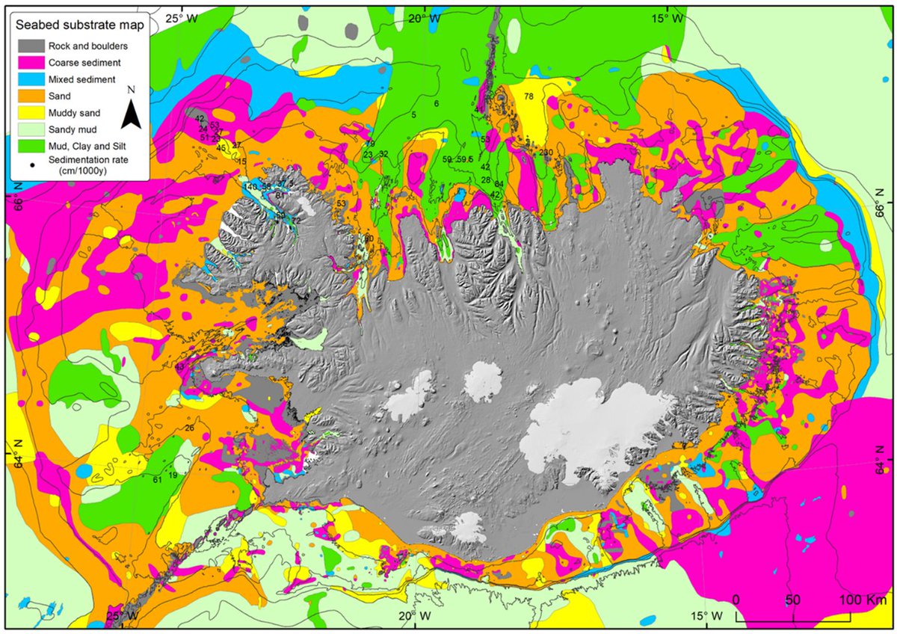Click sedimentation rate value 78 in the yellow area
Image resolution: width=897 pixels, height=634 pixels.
click(528, 96)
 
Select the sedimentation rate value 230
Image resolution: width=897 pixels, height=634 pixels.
click(546, 153)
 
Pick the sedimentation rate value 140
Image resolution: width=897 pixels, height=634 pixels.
click(250, 186)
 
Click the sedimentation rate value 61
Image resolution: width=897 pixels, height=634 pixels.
click(157, 480)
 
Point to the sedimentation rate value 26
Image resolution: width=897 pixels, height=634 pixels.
click(189, 428)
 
